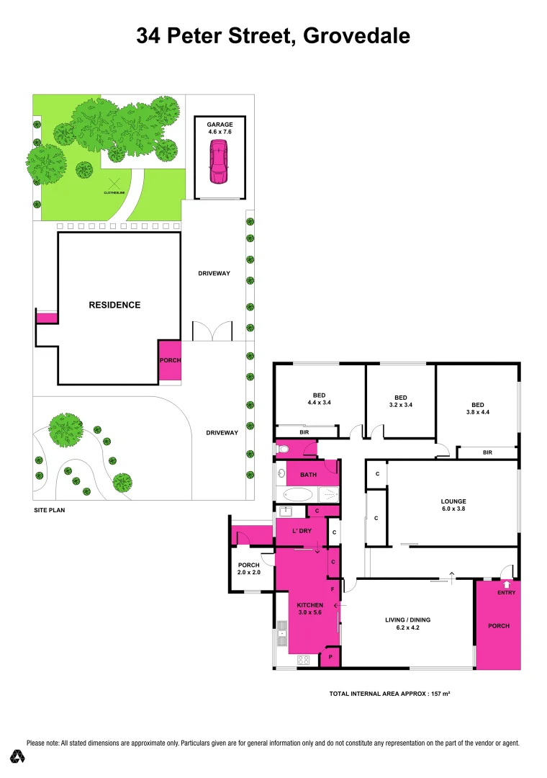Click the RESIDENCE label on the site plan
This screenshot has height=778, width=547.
pos(114,305)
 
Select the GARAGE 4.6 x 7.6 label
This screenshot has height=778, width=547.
pos(220,128)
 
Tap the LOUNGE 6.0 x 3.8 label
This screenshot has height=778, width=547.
pos(453,506)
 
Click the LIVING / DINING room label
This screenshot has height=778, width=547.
pos(407,623)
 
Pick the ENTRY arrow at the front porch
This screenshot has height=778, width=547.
pos(507,585)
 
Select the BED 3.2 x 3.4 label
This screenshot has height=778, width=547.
pos(401,401)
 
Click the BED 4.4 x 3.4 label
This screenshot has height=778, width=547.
pos(319,398)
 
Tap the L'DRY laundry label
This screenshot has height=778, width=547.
pos(301,531)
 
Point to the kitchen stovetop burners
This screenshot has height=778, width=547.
pos(304,659)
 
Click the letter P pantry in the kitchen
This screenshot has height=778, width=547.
pos(330,657)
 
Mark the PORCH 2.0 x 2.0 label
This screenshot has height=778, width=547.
pos(248,568)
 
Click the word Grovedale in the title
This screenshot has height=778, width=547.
pos(357,36)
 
